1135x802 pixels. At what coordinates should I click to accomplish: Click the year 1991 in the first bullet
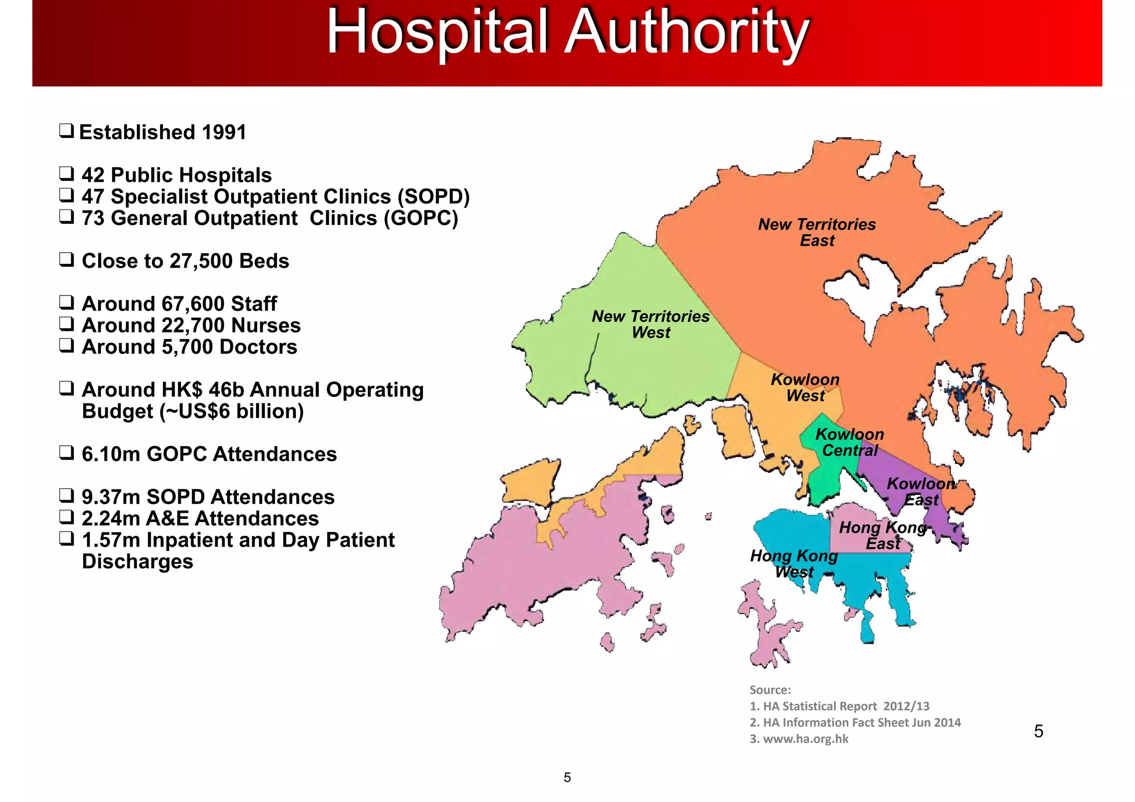[224, 132]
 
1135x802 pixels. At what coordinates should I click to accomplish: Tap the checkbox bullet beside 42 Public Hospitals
[67, 174]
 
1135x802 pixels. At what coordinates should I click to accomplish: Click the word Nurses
[266, 325]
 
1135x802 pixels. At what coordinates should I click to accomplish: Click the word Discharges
[137, 561]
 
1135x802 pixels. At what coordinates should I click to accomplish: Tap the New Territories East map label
[817, 232]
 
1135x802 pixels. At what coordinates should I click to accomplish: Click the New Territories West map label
[651, 324]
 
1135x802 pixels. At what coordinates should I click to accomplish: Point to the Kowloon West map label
[805, 387]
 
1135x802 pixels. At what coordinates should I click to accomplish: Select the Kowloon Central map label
[850, 442]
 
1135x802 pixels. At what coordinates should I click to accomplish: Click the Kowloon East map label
[921, 491]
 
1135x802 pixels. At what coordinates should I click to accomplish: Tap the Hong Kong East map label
[883, 535]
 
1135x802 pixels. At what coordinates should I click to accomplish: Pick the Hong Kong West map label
[794, 564]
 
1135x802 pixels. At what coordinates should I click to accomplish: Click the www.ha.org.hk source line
[799, 739]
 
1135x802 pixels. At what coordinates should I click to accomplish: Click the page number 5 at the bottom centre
[567, 778]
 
